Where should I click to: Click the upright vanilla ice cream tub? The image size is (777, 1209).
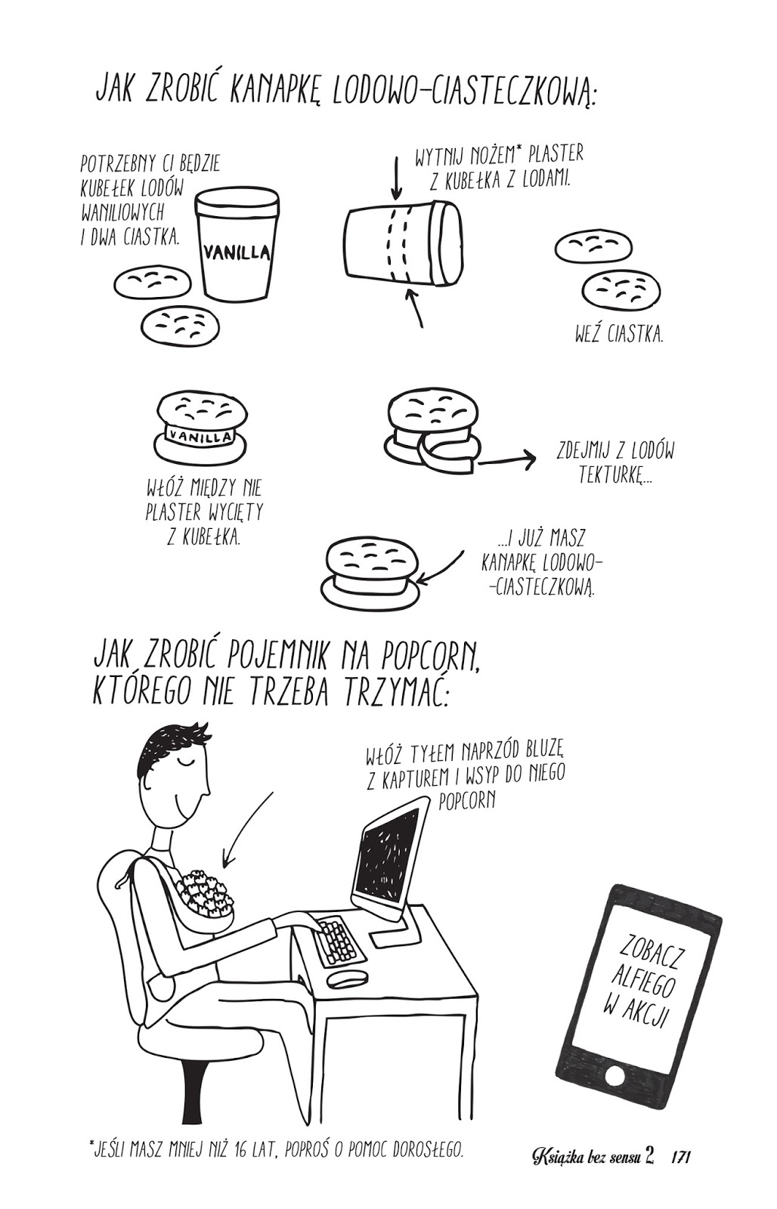point(237,243)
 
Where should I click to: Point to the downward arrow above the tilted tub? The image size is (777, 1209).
point(397,178)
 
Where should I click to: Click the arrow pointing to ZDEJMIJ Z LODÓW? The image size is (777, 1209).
point(506,460)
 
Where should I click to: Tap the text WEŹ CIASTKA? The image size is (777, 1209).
point(619,335)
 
